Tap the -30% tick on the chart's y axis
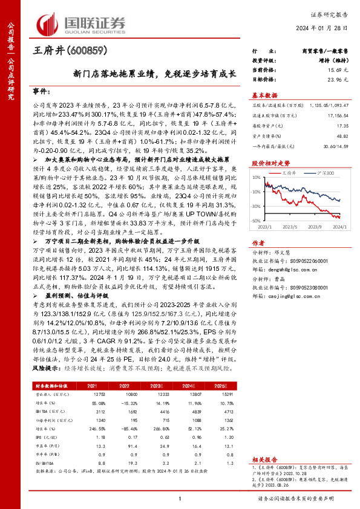click(x=257, y=206)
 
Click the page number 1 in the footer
click(x=180, y=498)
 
